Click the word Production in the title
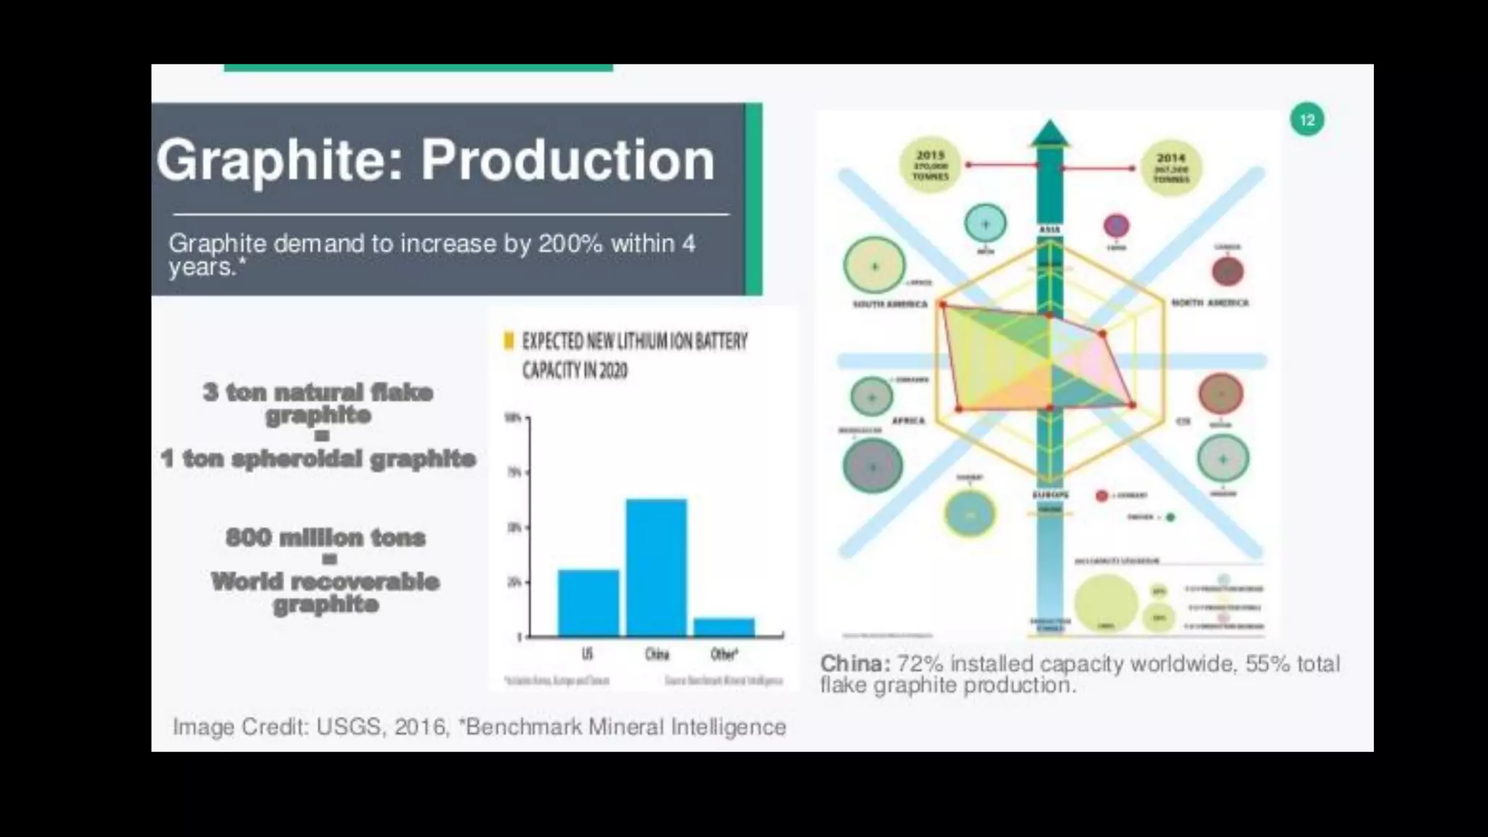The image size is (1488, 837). tap(567, 161)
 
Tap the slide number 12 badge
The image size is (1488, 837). tap(1306, 120)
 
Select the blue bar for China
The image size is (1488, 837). tap(656, 567)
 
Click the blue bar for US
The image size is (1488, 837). tap(588, 602)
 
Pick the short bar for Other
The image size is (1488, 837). tap(724, 626)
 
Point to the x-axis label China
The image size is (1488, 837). tap(656, 655)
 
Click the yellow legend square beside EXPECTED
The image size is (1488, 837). tap(509, 341)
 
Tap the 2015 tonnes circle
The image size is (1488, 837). tap(930, 166)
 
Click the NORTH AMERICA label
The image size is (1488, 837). tap(1210, 303)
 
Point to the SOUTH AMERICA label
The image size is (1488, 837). tap(890, 304)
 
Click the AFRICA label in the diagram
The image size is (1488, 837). tap(907, 421)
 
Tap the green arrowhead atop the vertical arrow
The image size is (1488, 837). tap(1050, 132)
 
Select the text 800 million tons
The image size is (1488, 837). tap(325, 538)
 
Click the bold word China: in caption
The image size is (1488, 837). tap(854, 663)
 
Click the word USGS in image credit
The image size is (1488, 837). tap(349, 727)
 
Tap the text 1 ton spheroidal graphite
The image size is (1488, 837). tap(318, 458)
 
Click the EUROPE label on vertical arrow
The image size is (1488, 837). tap(1050, 495)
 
